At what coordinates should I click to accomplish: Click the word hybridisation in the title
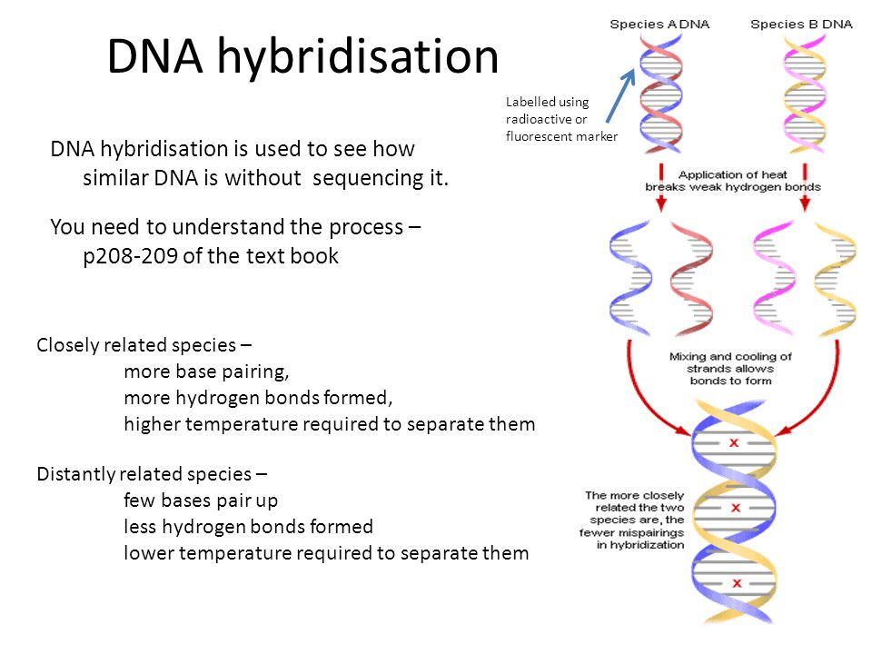(x=358, y=57)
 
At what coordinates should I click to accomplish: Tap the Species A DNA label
(x=659, y=25)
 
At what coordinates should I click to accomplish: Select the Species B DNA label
(x=801, y=25)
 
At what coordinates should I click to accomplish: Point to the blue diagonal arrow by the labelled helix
(x=620, y=95)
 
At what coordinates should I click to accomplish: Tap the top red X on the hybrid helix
(x=734, y=442)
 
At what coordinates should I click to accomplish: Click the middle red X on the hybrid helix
(x=736, y=508)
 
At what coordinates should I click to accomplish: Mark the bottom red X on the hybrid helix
(x=737, y=583)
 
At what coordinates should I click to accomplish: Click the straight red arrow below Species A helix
(x=660, y=187)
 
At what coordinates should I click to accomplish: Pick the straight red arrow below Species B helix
(x=805, y=187)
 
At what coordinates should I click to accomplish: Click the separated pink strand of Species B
(x=773, y=278)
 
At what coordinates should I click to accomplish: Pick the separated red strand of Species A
(x=691, y=279)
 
